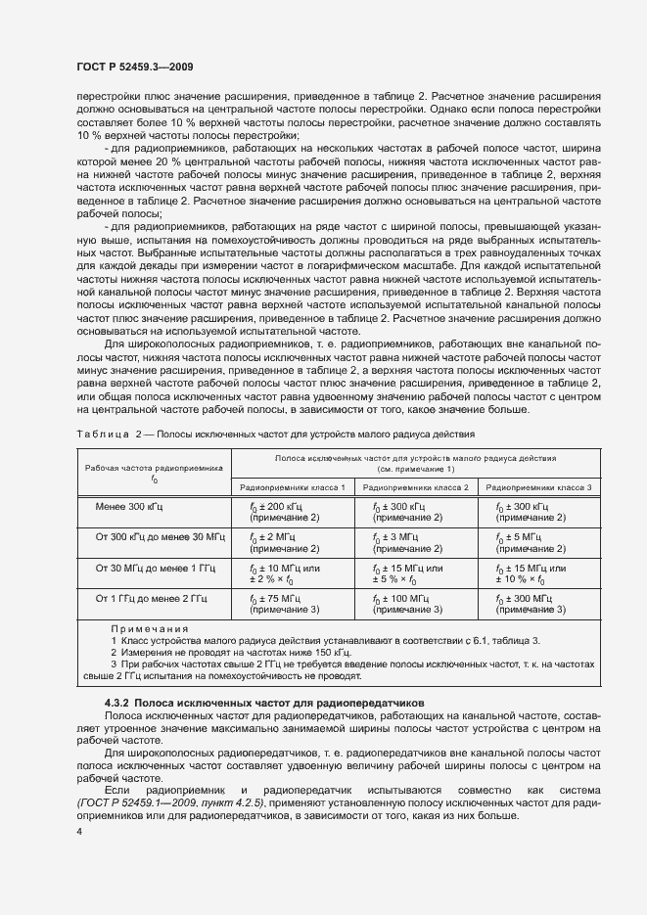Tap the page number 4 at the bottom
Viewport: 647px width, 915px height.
click(77, 830)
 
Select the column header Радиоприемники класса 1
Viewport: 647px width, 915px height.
click(291, 486)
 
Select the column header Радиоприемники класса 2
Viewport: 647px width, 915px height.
click(416, 486)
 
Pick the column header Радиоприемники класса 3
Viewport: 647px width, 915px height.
click(539, 486)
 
